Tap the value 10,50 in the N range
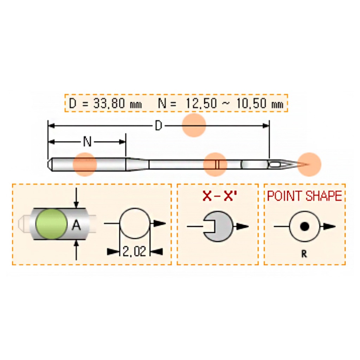tap(250, 103)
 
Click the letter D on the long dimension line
tap(159, 126)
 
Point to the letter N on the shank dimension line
tap(87, 142)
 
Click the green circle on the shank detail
tap(51, 224)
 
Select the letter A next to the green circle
tap(76, 225)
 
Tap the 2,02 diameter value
tap(134, 251)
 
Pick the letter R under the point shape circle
tap(304, 254)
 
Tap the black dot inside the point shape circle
tap(304, 226)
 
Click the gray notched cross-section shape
tap(218, 226)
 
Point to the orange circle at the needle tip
tap(309, 165)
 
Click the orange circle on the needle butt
tap(84, 164)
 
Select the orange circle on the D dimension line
tap(194, 125)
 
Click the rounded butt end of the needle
tap(50, 164)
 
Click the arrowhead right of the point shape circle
tap(329, 226)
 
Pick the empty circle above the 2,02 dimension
tap(135, 224)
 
